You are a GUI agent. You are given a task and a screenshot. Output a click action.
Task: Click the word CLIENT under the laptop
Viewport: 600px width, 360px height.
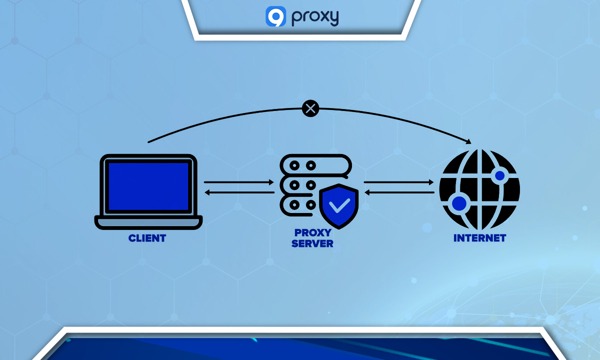(x=147, y=238)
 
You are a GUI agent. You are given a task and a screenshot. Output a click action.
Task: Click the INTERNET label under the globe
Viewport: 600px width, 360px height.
(x=479, y=238)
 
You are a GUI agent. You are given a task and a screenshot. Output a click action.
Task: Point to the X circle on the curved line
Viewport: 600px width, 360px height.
(x=310, y=108)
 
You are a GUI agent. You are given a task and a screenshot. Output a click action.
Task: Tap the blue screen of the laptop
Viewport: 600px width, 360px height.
(x=148, y=185)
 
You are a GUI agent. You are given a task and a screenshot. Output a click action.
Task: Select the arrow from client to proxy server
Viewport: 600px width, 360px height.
(x=239, y=182)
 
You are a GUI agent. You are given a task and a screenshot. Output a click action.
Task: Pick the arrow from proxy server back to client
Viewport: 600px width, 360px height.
(x=239, y=192)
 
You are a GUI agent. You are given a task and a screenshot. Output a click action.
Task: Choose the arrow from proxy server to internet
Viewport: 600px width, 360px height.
(x=399, y=182)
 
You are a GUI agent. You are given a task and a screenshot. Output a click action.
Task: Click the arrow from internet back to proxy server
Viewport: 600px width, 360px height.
(x=399, y=192)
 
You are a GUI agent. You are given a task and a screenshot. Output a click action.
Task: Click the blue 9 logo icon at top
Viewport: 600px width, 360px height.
(x=275, y=16)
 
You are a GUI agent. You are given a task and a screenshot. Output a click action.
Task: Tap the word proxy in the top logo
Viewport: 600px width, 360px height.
(x=314, y=17)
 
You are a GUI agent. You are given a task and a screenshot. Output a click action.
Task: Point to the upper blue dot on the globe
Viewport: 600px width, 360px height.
(x=499, y=175)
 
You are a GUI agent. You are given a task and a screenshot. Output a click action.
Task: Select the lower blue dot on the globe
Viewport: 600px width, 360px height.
(x=459, y=203)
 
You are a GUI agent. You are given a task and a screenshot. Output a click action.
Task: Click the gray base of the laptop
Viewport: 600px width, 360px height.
(x=148, y=221)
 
